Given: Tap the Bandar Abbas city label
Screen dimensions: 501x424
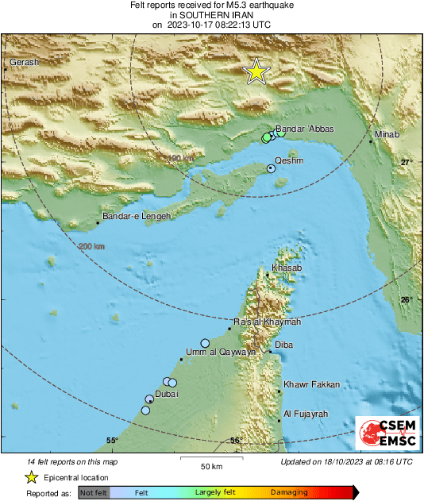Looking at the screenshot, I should [x=304, y=129].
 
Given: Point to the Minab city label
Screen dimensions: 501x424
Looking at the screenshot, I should [x=387, y=135].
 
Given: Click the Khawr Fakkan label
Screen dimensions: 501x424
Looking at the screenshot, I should [x=312, y=384].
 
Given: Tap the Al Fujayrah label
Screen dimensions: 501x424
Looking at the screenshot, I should [x=306, y=414].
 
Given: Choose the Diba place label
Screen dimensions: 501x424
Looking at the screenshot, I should [x=283, y=345].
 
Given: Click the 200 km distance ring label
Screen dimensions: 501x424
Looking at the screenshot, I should [x=92, y=247].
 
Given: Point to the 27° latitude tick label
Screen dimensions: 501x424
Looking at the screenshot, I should [x=406, y=162].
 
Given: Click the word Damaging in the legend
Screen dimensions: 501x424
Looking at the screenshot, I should [x=289, y=492].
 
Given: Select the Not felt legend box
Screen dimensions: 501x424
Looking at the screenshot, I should [x=94, y=493].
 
